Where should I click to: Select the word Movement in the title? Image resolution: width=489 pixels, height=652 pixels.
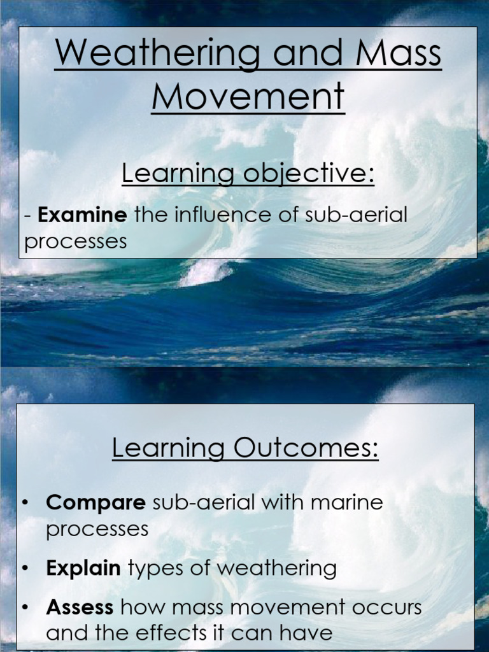tap(248, 97)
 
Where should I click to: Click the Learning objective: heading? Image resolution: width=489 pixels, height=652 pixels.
tap(248, 174)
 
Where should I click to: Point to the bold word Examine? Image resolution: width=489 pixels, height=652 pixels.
tap(83, 215)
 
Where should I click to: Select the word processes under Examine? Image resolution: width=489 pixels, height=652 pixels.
tap(75, 242)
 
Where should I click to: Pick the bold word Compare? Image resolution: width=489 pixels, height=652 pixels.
tap(96, 502)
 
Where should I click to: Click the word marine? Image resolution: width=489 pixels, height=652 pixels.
tap(347, 502)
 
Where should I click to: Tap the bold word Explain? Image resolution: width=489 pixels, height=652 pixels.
tap(83, 568)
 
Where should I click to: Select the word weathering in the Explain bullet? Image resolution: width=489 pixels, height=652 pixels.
tap(285, 568)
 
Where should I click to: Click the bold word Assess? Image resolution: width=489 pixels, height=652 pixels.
tap(80, 607)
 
